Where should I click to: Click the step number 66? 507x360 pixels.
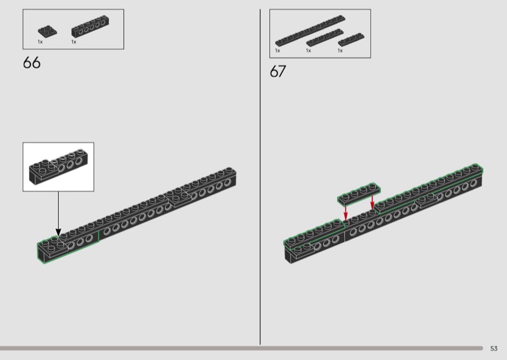32,62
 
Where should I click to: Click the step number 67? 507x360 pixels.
278,71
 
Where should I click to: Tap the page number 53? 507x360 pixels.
494,349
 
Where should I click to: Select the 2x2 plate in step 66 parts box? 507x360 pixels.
47,30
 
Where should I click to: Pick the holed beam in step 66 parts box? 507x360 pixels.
90,26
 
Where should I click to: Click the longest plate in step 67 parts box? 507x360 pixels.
310,30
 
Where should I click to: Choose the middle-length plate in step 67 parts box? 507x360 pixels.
324,37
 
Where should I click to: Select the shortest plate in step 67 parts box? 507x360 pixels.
351,39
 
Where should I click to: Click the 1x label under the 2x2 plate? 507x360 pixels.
40,42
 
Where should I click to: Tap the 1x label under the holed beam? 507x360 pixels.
74,42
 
